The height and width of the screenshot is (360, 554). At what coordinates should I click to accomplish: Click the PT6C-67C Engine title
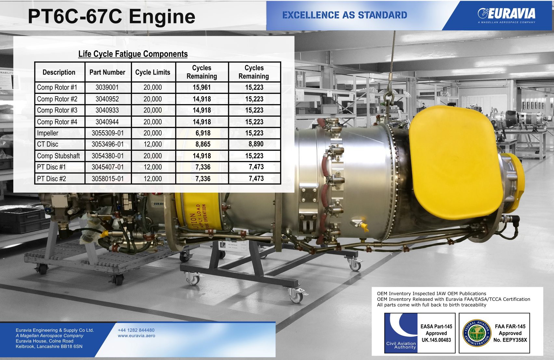(112, 16)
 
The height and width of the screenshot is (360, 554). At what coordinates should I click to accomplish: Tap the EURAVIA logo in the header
(507, 15)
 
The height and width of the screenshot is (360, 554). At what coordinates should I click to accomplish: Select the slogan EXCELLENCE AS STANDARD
(345, 15)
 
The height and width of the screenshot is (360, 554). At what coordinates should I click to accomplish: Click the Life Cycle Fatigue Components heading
(133, 54)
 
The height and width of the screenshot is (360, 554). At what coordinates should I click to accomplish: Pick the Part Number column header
(107, 72)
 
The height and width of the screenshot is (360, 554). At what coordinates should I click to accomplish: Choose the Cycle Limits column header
(153, 72)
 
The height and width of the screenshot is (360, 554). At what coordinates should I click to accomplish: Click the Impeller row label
(48, 133)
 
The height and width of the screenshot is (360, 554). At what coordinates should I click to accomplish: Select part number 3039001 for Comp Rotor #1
(107, 87)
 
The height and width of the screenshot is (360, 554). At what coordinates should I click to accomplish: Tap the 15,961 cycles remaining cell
(202, 87)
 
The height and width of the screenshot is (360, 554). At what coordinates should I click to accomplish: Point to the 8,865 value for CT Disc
(203, 144)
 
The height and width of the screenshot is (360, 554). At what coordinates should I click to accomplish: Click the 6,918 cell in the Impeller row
(203, 133)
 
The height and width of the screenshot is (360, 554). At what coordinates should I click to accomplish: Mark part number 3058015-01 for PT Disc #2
(108, 179)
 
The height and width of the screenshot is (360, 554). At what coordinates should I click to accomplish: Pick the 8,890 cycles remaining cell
(256, 144)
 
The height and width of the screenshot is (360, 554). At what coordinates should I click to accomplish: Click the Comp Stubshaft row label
(59, 156)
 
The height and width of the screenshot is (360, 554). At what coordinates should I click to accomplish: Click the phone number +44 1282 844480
(136, 330)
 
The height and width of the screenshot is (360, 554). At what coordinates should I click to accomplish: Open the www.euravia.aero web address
(137, 336)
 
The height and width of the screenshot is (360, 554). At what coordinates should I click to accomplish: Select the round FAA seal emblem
(477, 333)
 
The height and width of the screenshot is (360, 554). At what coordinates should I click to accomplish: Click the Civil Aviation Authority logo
(401, 333)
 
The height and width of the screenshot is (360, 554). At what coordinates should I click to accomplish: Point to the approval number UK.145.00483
(436, 340)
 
